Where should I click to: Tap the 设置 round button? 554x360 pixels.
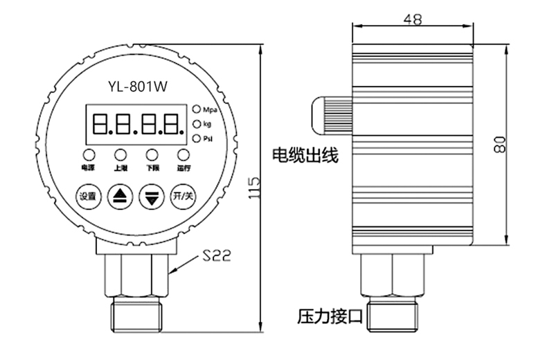[88, 196]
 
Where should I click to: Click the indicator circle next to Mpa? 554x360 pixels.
[197, 109]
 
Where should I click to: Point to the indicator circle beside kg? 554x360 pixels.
[197, 124]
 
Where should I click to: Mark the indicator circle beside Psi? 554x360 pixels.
[197, 138]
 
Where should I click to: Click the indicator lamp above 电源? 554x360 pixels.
[89, 154]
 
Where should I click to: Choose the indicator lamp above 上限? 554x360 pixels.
[120, 154]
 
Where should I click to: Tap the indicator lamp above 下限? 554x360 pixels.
[152, 154]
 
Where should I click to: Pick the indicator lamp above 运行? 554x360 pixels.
[183, 154]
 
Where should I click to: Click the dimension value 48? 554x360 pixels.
[413, 20]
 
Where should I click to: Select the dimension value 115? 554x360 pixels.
[254, 188]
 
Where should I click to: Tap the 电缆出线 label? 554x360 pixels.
[305, 155]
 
